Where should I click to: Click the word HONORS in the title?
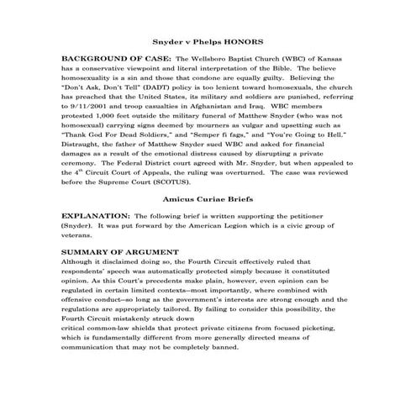click(x=242, y=40)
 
